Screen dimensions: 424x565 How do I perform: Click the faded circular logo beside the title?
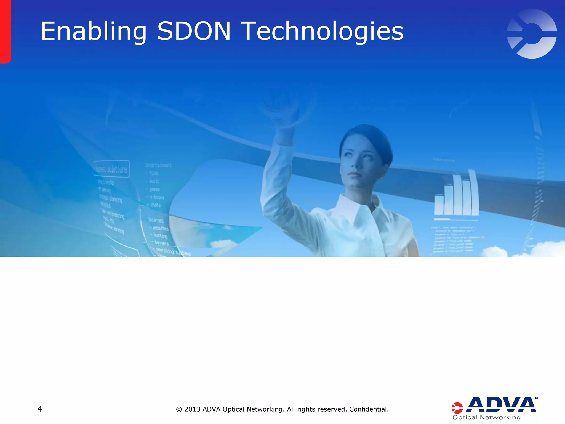[532, 34]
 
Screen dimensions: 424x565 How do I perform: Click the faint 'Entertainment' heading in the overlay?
[158, 165]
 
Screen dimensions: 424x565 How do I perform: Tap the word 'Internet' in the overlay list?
[156, 220]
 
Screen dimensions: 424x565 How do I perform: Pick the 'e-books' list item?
[157, 197]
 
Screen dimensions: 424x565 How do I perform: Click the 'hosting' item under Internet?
[160, 235]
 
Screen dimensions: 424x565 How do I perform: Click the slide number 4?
[40, 409]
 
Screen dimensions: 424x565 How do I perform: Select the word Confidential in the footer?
[369, 409]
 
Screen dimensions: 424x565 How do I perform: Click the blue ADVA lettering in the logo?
[501, 405]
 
